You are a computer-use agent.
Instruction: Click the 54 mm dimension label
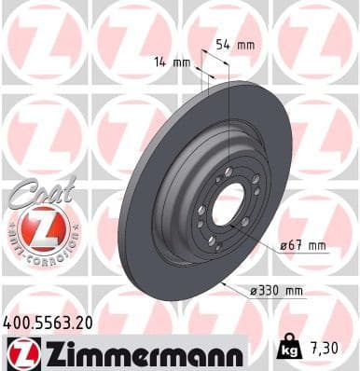[235, 44]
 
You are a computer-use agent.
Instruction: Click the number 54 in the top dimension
[223, 44]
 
